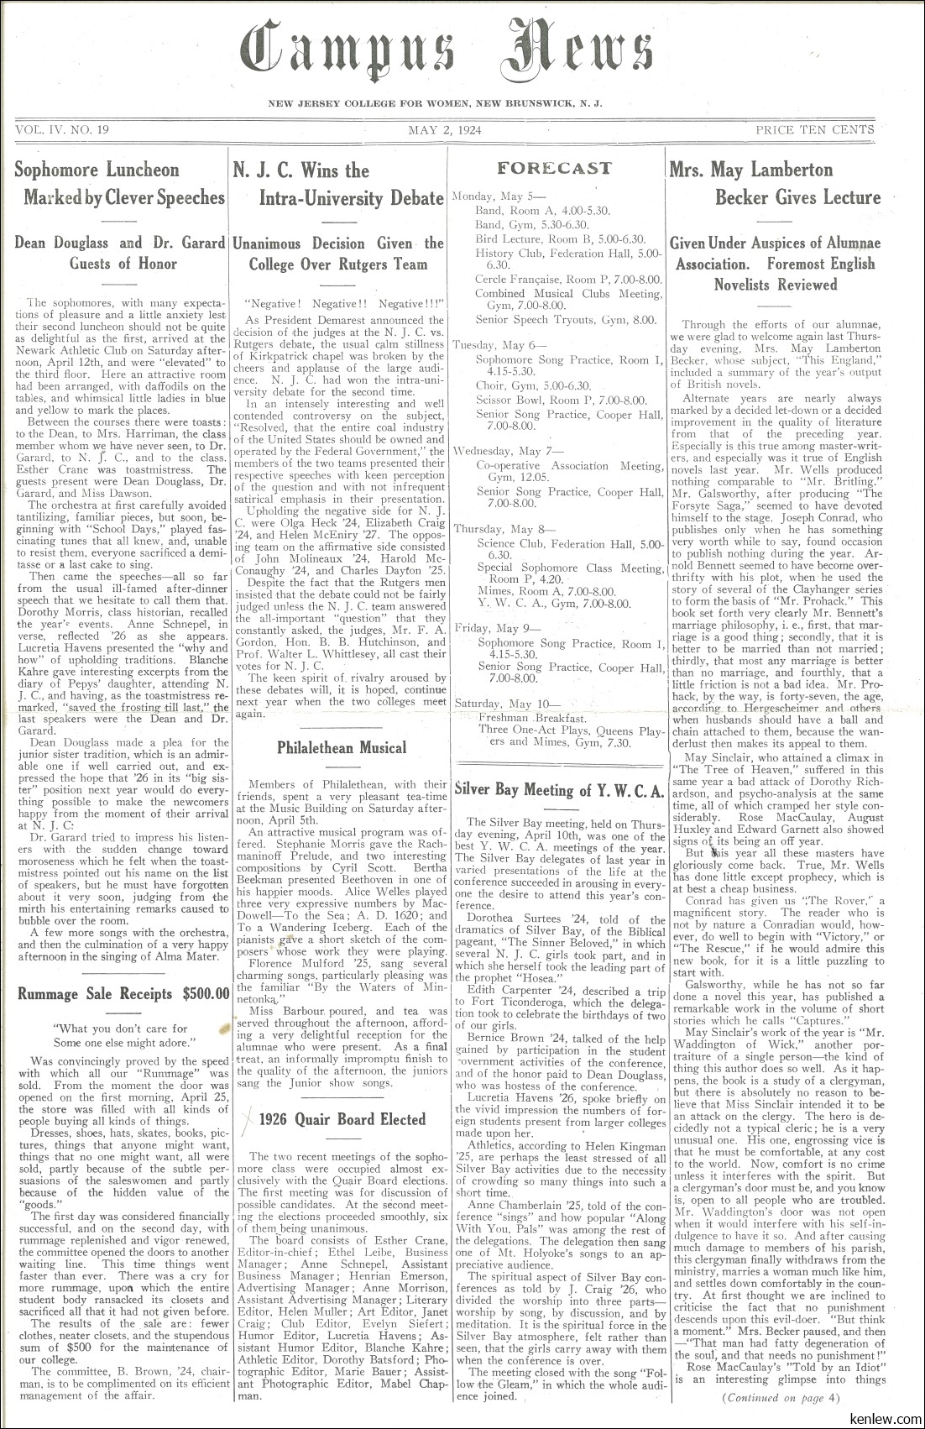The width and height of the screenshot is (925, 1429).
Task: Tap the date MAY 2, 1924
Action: click(x=450, y=130)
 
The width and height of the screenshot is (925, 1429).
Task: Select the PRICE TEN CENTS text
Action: click(x=814, y=130)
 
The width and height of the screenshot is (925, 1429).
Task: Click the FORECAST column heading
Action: click(x=554, y=168)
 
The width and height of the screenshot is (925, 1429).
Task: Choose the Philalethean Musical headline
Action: click(x=341, y=747)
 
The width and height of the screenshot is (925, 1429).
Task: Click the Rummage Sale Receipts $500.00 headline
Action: click(x=123, y=994)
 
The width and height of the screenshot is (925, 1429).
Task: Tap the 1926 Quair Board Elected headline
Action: click(x=342, y=1119)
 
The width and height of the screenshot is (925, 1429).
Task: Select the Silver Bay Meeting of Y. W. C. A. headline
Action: click(x=559, y=789)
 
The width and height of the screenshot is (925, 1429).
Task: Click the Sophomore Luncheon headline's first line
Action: click(x=97, y=170)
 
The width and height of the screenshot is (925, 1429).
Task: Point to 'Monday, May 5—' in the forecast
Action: click(x=487, y=196)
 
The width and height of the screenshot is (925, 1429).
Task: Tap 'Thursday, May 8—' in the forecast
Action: click(x=493, y=529)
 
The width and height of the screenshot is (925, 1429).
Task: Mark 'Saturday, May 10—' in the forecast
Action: click(x=495, y=704)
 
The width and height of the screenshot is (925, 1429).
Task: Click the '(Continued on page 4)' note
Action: click(x=780, y=1398)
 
